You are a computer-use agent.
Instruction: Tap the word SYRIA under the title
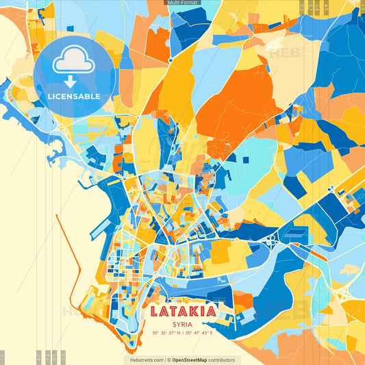(182, 325)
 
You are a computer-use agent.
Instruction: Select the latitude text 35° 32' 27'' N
(167, 333)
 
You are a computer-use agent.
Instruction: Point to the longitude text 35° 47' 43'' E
(199, 333)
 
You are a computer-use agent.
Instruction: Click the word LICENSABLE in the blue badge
(74, 96)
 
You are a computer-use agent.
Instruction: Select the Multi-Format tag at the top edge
(183, 3)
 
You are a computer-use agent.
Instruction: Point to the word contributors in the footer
(222, 360)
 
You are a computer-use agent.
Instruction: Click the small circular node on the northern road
(171, 60)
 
